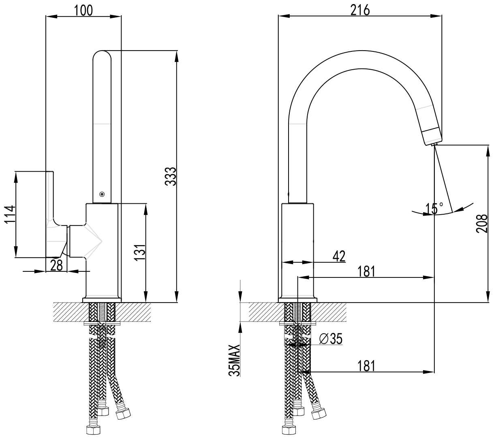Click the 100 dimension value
coord(83,11)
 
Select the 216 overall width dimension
coord(360,11)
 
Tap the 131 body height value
coord(140,252)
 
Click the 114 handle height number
coord(10,214)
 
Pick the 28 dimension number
coord(57,265)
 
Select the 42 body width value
coord(339,256)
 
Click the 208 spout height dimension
coord(481,224)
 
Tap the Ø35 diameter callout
coord(331,339)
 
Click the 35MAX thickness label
coord(234,361)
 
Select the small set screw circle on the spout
coord(102,194)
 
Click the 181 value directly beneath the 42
coord(366,271)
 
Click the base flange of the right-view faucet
coord(298,300)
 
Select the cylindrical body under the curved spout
coord(297,251)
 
